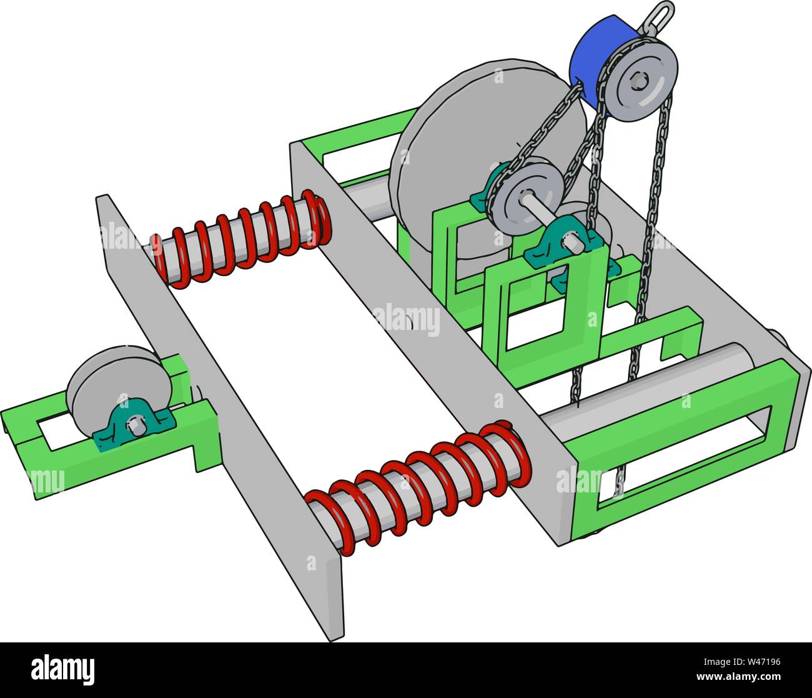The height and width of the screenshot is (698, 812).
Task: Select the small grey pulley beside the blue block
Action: tap(641, 79)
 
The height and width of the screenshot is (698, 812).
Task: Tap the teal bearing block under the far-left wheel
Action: tap(134, 425)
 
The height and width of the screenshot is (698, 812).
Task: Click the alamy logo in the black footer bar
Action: tap(62, 669)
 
